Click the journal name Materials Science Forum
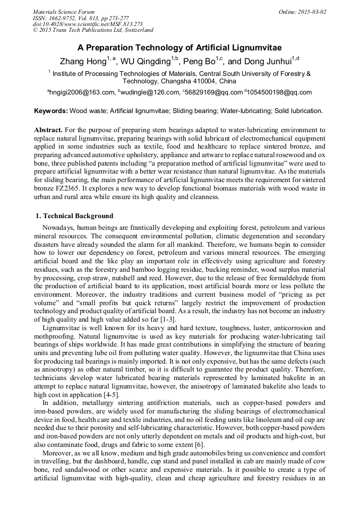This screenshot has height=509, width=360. (x=64, y=11)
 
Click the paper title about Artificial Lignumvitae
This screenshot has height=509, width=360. (x=179, y=47)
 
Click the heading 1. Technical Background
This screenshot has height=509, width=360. (x=74, y=216)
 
